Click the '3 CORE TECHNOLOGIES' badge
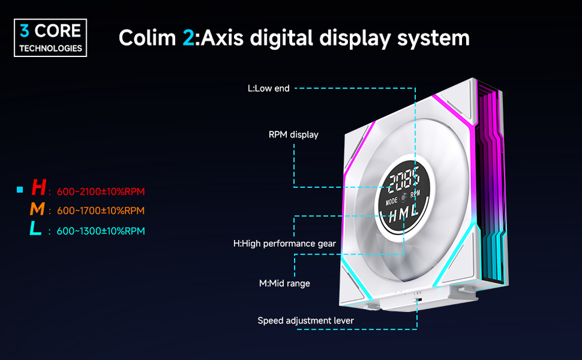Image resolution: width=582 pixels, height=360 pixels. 51,38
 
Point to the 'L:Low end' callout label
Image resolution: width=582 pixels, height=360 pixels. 269,88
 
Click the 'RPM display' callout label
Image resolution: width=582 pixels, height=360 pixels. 293,135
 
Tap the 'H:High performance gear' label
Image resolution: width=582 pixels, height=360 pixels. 284,244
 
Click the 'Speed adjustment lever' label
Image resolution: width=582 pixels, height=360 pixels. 306,320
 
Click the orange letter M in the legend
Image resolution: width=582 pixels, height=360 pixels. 37,210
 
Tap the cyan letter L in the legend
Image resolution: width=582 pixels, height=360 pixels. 36,230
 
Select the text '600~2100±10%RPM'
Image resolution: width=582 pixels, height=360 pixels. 101,192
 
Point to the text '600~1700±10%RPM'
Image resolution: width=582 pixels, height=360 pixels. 101,211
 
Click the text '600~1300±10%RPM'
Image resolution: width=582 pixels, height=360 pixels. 101,231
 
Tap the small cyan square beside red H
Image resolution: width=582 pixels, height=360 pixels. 20,190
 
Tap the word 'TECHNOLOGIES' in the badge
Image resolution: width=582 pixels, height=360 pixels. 51,48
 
